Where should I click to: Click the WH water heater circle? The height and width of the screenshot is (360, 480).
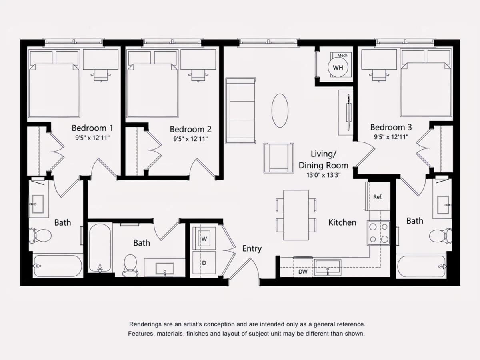click(x=338, y=67)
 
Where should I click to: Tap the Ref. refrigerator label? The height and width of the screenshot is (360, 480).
click(x=378, y=197)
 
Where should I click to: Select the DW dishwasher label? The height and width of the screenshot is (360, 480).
click(x=303, y=272)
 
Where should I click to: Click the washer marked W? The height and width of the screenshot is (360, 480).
click(x=204, y=238)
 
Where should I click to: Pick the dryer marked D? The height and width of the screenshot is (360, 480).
click(x=204, y=262)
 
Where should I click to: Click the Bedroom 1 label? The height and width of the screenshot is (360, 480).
click(x=92, y=128)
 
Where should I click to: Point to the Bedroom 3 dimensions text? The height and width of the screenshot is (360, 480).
click(x=391, y=137)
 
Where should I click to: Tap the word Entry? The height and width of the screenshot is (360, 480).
click(x=252, y=249)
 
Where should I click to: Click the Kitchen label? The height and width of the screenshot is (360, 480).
click(x=342, y=222)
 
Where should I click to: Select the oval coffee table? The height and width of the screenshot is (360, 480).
click(x=280, y=110)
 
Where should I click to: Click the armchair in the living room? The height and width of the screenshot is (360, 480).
click(x=278, y=158)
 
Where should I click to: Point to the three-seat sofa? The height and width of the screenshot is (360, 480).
click(x=240, y=110)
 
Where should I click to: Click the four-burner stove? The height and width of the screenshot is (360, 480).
click(x=378, y=233)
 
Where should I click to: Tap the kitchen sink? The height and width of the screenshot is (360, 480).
click(x=328, y=267)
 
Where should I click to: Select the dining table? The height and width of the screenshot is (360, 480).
click(x=296, y=215)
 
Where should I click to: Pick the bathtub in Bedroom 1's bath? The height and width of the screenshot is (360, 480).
click(x=57, y=266)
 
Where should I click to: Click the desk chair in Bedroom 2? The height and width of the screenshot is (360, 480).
click(x=198, y=76)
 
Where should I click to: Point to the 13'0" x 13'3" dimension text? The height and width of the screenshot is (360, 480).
click(x=324, y=175)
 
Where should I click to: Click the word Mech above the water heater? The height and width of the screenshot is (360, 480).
click(x=342, y=55)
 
